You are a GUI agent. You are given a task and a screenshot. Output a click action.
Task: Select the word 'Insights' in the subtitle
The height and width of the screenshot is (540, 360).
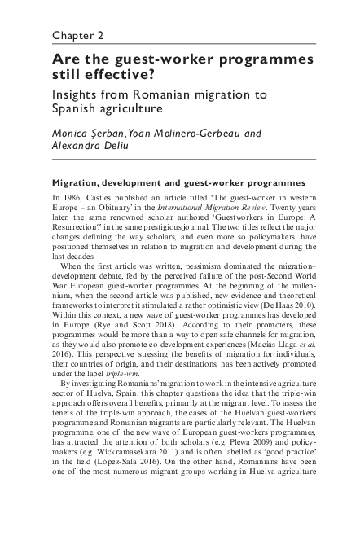79,94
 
